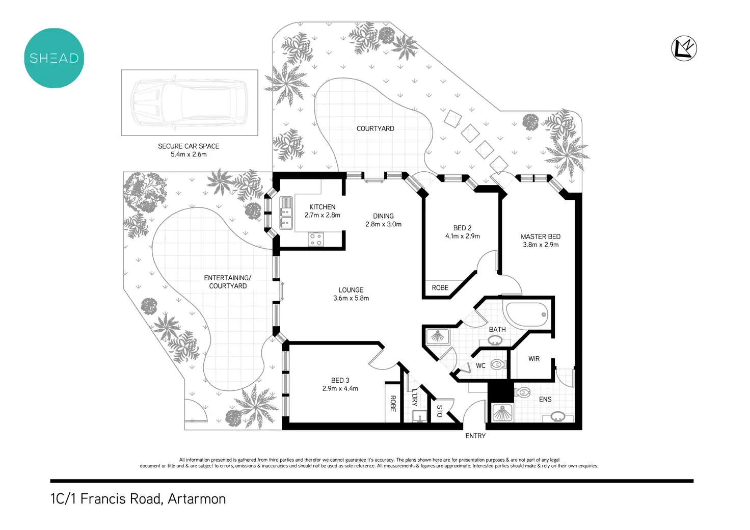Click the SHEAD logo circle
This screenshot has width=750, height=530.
(54, 58)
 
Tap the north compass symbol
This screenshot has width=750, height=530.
(684, 49)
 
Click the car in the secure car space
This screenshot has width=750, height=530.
(189, 102)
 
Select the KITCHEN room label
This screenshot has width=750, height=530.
(323, 207)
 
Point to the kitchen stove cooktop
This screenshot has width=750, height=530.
(316, 240)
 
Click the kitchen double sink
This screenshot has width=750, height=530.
(286, 213)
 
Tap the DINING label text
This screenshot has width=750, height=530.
(383, 216)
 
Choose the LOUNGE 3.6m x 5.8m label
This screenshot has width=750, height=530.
(351, 294)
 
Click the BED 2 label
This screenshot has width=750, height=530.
(462, 228)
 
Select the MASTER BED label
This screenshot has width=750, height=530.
(541, 236)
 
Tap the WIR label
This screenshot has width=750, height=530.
(534, 359)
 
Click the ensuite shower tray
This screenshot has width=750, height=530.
(502, 412)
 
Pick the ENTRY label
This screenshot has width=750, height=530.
(475, 436)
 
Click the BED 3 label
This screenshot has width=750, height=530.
(340, 380)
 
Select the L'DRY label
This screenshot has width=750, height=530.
(414, 397)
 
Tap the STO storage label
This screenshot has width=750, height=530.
(439, 411)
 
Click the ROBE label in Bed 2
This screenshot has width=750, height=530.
(440, 288)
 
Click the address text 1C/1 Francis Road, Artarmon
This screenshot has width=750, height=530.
(138, 499)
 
